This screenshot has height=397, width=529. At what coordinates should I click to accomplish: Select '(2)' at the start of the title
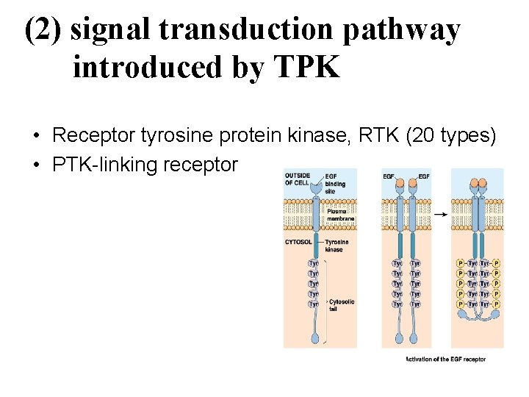tap(46, 30)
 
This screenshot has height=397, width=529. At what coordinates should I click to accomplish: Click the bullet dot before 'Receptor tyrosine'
tap(35, 137)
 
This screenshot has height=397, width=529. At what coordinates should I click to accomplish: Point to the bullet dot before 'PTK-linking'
tap(35, 165)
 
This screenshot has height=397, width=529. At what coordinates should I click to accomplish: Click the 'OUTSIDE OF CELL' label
tap(297, 179)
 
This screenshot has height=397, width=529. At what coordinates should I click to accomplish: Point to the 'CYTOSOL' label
tap(298, 241)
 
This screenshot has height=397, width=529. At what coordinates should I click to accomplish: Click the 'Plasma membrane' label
tap(341, 215)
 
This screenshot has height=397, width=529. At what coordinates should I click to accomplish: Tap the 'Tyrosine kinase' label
tap(337, 246)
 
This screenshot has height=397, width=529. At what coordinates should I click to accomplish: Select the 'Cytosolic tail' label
tap(342, 305)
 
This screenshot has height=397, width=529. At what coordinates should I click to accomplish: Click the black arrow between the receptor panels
tap(441, 214)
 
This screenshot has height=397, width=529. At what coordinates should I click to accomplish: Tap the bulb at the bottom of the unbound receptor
tap(315, 339)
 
